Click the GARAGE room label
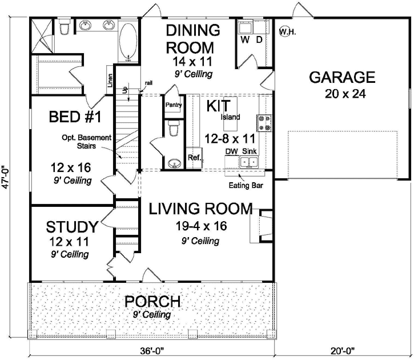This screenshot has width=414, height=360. pos(342,78)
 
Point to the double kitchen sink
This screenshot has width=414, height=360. pos(249,162)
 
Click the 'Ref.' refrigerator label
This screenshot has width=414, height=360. pos(194,157)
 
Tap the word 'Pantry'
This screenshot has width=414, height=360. pos(173,105)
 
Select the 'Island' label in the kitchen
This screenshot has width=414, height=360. pos(231,117)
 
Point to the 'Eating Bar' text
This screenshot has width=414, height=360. pos(244,185)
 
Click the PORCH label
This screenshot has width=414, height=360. pos(152,302)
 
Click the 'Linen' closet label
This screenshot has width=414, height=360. pos(110,80)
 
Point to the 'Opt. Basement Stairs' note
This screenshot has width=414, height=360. pos(85,142)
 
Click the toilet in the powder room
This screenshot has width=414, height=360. pos(174,130)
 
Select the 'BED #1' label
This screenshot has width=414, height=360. pos(75,117)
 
